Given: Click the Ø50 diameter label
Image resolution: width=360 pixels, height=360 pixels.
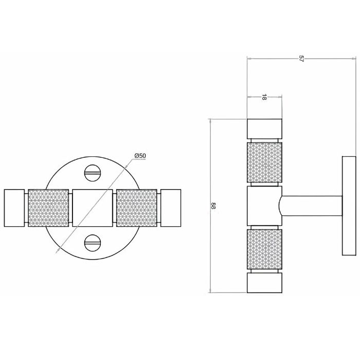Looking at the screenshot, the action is tap(140, 156).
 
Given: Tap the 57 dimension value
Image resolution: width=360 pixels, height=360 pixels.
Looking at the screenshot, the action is tap(301, 58).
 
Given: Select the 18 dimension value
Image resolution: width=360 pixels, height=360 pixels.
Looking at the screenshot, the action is tap(264, 97).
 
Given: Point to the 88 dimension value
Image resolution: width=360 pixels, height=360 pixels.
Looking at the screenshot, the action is tap(213, 206).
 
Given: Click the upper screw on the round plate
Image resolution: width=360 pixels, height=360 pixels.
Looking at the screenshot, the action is tap(93, 173).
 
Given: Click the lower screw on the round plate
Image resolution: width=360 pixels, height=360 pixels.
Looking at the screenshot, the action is tap(93, 243).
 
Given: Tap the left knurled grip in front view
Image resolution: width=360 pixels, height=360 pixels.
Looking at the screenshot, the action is tap(48, 208).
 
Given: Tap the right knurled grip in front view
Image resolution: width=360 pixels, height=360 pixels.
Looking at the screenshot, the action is tap(137, 208).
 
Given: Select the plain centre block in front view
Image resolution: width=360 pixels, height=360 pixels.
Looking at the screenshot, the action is tap(93, 208).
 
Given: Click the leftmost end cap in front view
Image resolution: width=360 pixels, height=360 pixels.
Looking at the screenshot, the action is tap(14, 208).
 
